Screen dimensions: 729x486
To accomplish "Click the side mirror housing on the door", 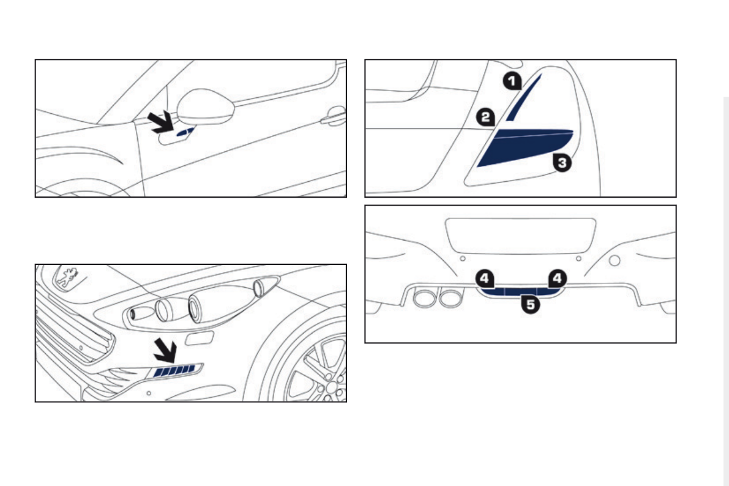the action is (206, 107).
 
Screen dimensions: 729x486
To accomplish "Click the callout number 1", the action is (512, 81).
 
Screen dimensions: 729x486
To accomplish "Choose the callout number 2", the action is (486, 117).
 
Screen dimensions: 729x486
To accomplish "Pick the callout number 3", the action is (563, 163).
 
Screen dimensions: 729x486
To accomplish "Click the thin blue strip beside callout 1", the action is (523, 97).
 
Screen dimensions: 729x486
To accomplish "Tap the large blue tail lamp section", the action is (525, 148).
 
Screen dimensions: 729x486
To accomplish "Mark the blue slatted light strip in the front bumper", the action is (174, 371).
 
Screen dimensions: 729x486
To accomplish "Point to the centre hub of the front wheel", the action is (332, 386).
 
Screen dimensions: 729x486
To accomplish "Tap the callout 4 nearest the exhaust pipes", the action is (485, 279).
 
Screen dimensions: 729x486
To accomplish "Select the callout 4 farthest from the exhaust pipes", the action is (558, 279).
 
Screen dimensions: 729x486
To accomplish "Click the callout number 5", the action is (531, 305).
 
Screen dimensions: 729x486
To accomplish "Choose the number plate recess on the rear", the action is (521, 236).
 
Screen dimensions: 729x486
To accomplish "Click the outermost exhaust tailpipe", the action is (424, 297).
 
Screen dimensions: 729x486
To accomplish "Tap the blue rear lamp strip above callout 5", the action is (521, 292).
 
